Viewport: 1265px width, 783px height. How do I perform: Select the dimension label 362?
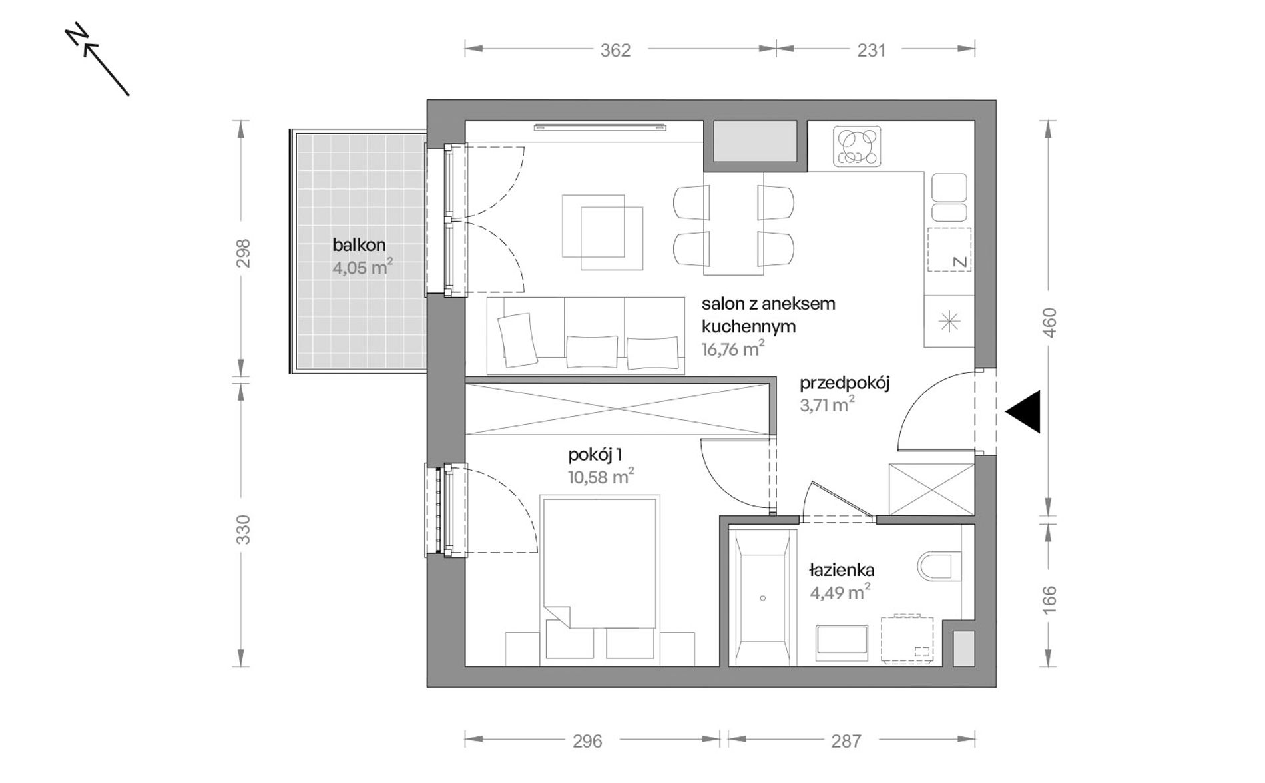[615, 51]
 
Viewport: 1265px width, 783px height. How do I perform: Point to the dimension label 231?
[872, 51]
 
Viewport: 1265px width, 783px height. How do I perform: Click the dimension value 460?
[1049, 322]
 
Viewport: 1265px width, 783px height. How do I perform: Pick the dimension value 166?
[1049, 599]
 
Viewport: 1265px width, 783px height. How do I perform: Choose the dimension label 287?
[846, 741]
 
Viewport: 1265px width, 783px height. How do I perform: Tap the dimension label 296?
[587, 741]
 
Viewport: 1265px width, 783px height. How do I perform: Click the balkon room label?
[359, 245]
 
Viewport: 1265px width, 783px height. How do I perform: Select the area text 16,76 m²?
[733, 349]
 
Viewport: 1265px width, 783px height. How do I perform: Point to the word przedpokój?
[845, 384]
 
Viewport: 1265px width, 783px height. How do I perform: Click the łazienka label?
[842, 570]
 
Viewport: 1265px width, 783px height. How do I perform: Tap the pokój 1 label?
[595, 455]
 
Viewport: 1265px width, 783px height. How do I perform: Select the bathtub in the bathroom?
[763, 597]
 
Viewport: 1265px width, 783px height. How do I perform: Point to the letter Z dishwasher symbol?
[959, 262]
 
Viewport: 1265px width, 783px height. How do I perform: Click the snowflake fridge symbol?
[949, 322]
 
